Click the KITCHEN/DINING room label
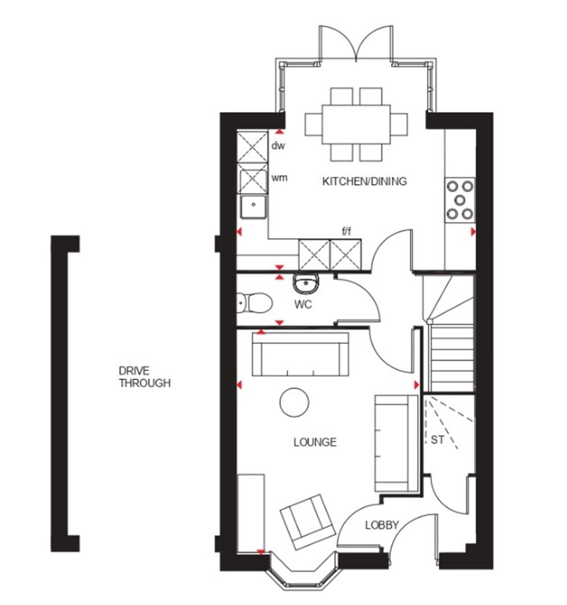point(364,182)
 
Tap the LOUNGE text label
point(315,443)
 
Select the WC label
point(303,306)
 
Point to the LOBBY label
point(382,525)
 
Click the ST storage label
point(437,440)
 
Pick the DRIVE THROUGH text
point(144,377)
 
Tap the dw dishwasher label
point(278,146)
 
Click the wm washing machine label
point(279,178)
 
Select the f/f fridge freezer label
point(346,231)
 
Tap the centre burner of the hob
point(459,199)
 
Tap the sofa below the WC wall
point(300,354)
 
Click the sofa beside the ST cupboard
point(396,443)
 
